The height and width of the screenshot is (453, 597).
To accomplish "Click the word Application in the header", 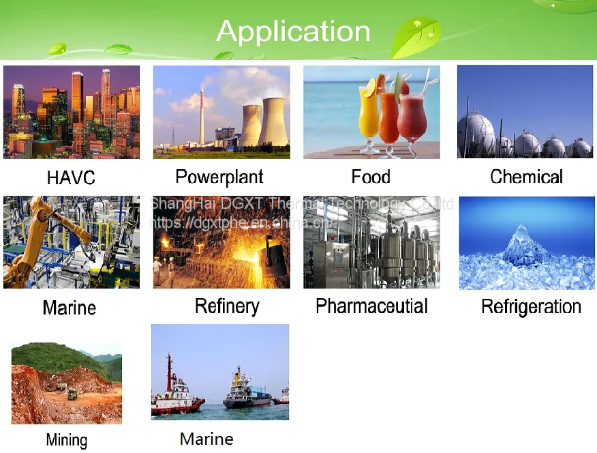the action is (x=293, y=31).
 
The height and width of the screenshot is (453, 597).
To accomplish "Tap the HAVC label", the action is (x=71, y=177).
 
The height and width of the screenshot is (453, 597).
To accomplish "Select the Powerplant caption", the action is (x=219, y=177).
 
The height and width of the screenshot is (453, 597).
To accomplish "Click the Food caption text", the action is (x=371, y=177).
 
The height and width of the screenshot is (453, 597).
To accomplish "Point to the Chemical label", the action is (x=526, y=177).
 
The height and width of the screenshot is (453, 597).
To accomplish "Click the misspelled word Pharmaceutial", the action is (x=371, y=306).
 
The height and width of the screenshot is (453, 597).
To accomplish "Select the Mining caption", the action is (x=67, y=441).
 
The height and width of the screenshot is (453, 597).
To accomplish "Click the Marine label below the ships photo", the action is (x=206, y=439).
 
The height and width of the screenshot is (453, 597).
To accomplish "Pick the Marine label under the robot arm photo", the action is (x=70, y=308).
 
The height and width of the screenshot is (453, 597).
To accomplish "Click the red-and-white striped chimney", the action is (x=202, y=117).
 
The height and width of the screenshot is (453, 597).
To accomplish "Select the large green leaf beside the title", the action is (x=416, y=38).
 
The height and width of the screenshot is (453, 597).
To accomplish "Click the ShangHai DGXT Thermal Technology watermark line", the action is (x=302, y=204).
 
